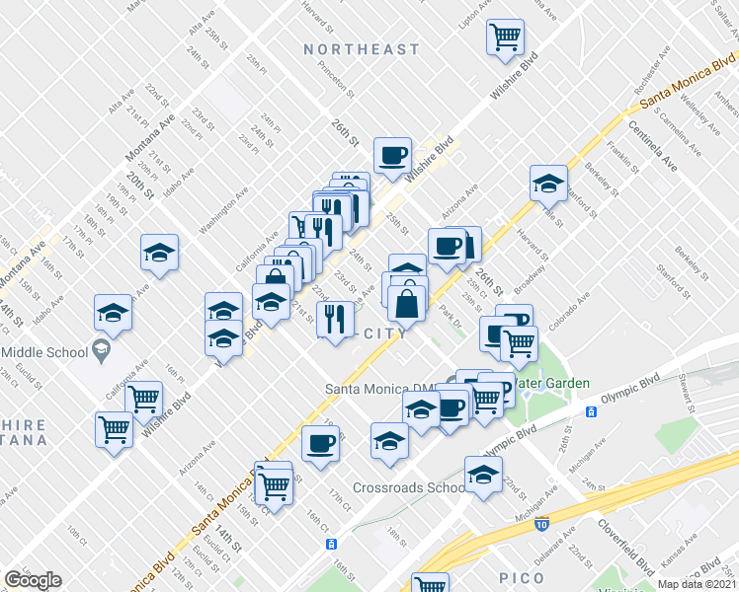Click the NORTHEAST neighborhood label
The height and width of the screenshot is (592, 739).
pos(362,49)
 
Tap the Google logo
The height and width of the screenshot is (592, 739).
pos(33,580)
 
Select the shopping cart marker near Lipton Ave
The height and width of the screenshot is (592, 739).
pos(506,37)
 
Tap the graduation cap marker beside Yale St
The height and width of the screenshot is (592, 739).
pos(548,183)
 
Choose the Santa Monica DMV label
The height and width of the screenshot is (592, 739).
pos(383,389)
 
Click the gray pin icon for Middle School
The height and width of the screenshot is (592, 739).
pos(100,348)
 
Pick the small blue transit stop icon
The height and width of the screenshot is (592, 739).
pos(332,543)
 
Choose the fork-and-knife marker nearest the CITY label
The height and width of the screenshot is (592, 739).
pos(336,319)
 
